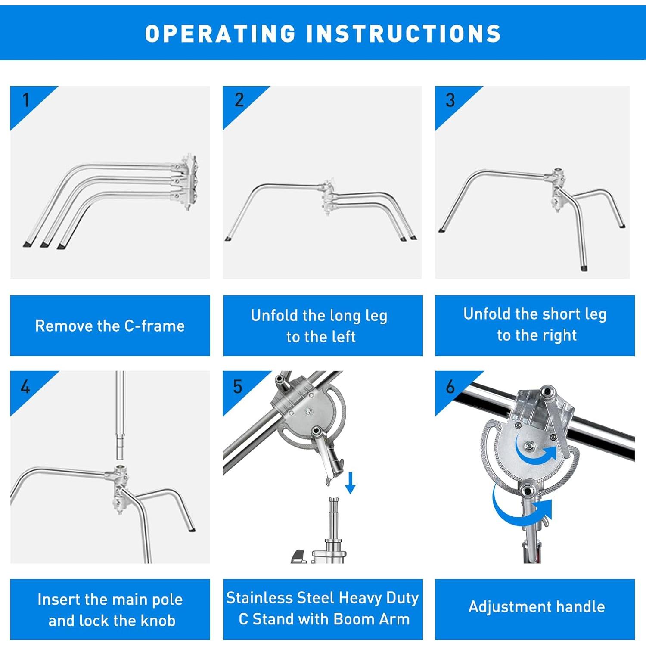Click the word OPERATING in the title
pos(220,34)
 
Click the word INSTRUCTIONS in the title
pos(404,34)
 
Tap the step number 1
pos(26,100)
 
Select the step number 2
pos(239,100)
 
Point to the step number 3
pos(450,100)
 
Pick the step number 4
pos(25,387)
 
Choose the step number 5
pos(238,387)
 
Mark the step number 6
pos(450,387)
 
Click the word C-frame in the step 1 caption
pos(155,326)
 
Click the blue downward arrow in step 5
pos(350,483)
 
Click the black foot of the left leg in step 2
pos(227,239)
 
